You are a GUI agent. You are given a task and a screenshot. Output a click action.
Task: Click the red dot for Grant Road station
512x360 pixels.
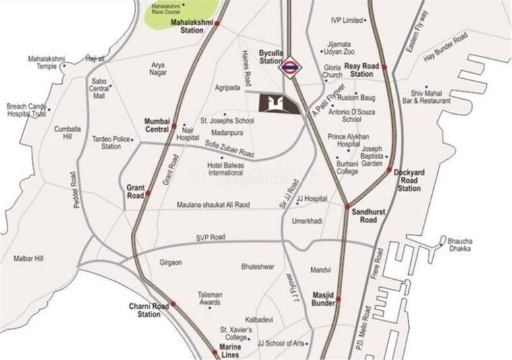[x=149, y=193]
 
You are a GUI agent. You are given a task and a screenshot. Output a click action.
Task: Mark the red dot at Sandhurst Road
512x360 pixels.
[x=347, y=206]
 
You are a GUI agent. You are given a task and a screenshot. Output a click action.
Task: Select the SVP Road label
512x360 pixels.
[x=210, y=237]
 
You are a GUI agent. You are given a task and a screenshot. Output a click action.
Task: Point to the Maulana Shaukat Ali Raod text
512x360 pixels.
[x=214, y=205]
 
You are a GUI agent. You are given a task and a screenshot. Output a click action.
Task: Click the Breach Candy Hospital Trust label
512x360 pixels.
[x=27, y=110]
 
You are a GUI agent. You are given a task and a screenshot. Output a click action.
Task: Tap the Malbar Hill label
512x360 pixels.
[x=28, y=258]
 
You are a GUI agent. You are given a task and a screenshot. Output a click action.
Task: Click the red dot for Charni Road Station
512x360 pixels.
[x=173, y=305]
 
